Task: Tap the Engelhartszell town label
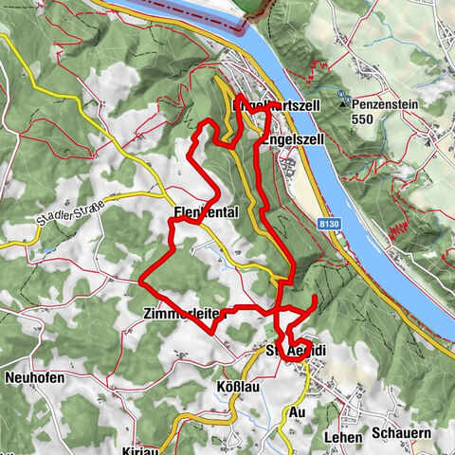pos(276,107)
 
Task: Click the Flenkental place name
pos(206,212)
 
